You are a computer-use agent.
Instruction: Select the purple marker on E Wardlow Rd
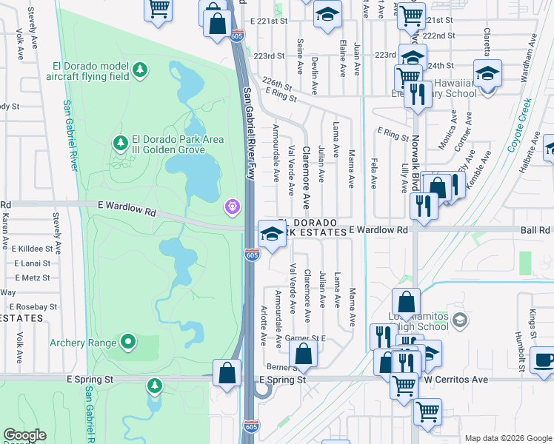[233, 206]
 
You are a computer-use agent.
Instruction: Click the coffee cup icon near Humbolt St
[544, 360]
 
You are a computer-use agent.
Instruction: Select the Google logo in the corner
[24, 436]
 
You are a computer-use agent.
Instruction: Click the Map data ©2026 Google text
[507, 438]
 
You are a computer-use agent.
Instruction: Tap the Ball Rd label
[535, 230]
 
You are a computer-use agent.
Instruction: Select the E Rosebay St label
[33, 306]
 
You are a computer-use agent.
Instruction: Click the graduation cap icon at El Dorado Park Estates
[272, 234]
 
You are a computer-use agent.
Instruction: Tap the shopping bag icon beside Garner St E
[303, 355]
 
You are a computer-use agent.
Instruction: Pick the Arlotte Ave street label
[263, 326]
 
